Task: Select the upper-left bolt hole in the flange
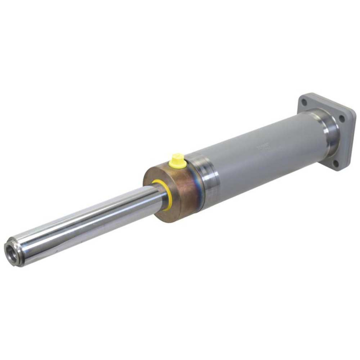[304, 103]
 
